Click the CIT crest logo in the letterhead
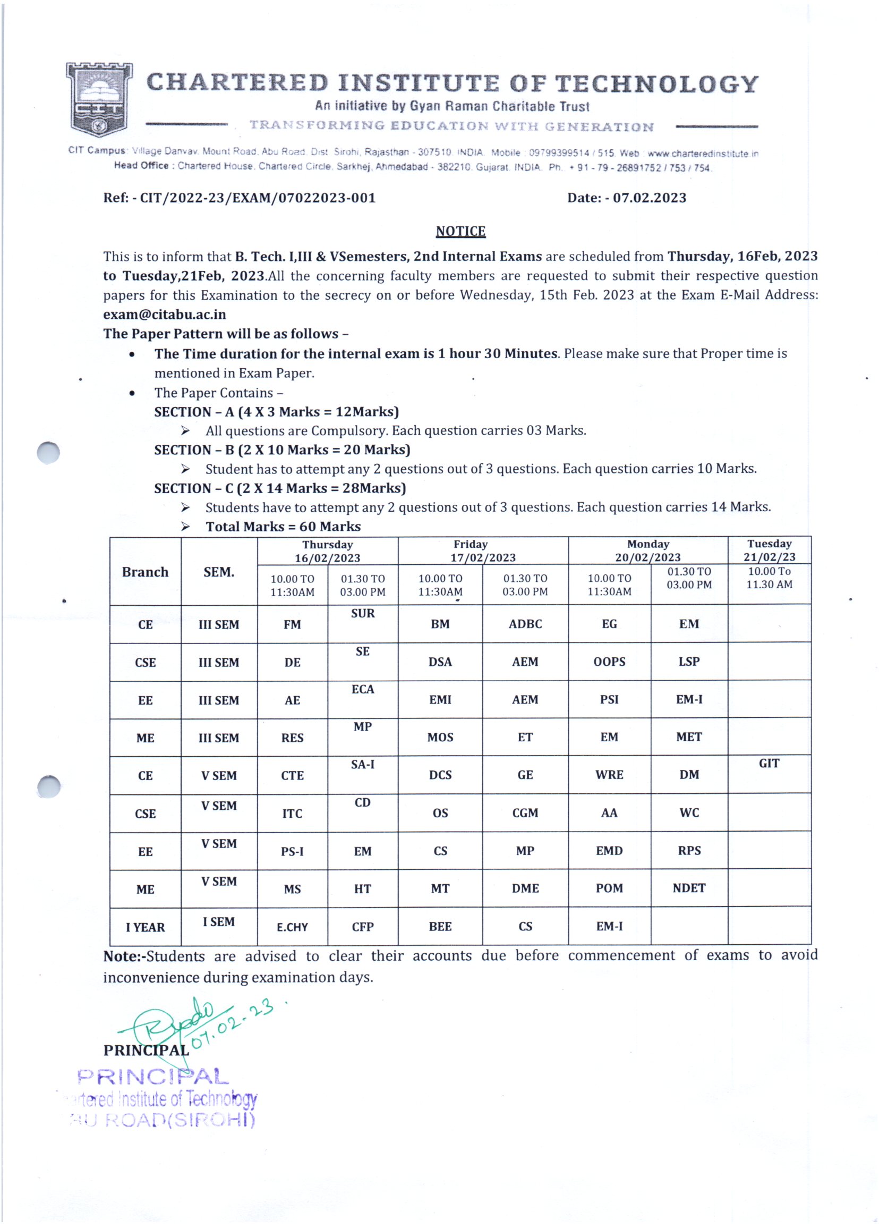pos(99,99)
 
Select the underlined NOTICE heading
pos(460,231)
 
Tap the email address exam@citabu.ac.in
pos(165,315)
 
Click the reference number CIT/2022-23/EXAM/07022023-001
pos(258,198)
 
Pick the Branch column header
pos(145,572)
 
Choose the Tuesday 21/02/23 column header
pos(769,550)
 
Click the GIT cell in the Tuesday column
pos(769,764)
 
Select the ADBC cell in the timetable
pos(525,624)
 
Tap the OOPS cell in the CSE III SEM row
pos(609,662)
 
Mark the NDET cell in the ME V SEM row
pos(689,888)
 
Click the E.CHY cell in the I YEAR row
pos(292,927)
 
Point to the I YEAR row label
pos(145,927)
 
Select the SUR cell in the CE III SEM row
pos(363,613)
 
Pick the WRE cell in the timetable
pos(609,775)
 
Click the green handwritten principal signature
pos(178,1023)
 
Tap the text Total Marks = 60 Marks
pos(283,526)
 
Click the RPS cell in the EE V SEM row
pos(689,851)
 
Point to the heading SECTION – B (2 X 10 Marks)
pos(282,450)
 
